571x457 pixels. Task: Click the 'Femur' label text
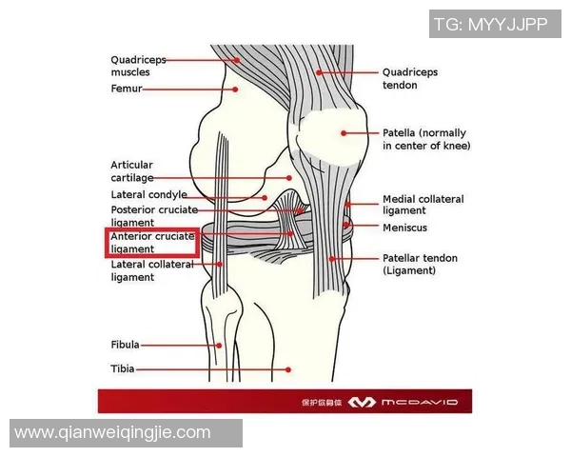(127, 89)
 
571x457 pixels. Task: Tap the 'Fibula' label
(125, 345)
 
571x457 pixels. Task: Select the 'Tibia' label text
(123, 368)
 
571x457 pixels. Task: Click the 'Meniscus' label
(404, 228)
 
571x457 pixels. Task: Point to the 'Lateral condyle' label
(149, 195)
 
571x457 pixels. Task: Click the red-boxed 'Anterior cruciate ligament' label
(152, 243)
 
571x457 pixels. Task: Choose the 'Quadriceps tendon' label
(409, 78)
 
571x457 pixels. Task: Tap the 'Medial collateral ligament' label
(423, 205)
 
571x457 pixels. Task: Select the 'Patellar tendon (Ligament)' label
(420, 265)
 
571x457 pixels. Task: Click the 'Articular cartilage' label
(132, 171)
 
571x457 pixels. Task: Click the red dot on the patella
(344, 133)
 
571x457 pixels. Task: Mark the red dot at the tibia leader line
(288, 369)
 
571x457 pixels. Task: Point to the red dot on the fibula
(219, 346)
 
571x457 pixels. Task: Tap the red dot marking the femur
(235, 89)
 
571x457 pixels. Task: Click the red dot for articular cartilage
(288, 178)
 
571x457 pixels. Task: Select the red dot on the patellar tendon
(332, 259)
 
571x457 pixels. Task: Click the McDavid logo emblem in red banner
(362, 403)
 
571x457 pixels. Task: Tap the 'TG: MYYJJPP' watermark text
(491, 24)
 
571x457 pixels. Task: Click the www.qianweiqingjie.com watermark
(112, 433)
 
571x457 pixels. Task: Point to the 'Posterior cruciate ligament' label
(154, 216)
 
